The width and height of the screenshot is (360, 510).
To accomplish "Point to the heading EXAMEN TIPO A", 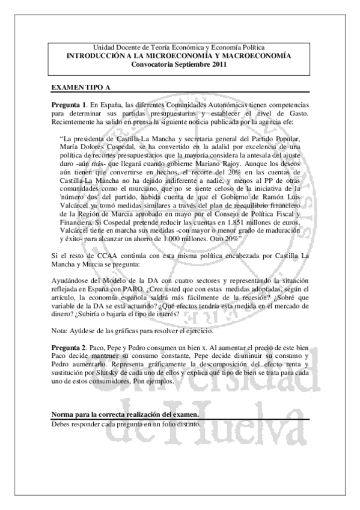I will pyautogui.click(x=80, y=88).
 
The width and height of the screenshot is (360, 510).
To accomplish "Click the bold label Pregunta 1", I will pyautogui.click(x=69, y=105).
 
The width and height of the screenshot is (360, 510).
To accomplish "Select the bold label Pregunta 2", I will pyautogui.click(x=69, y=348).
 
